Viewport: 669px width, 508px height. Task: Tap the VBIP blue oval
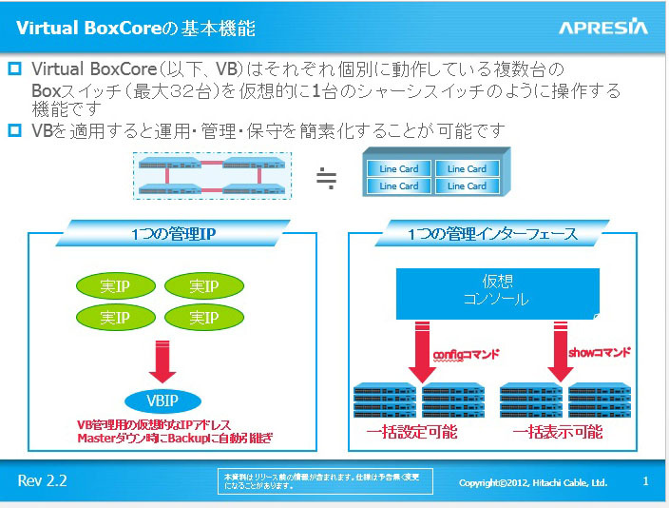coord(153,400)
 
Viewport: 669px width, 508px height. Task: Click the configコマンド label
coord(466,354)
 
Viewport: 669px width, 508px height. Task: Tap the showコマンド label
coord(599,352)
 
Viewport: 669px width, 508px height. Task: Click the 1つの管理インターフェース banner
coord(492,233)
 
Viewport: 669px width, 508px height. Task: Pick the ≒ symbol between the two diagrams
coord(326,177)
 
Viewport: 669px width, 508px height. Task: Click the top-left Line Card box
coord(399,168)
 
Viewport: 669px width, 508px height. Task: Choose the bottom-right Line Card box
coord(467,186)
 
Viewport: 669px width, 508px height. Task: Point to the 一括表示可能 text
coord(558,432)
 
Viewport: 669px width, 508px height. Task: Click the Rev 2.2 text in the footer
coord(43,480)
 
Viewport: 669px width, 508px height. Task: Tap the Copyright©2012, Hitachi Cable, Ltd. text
coord(532,482)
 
